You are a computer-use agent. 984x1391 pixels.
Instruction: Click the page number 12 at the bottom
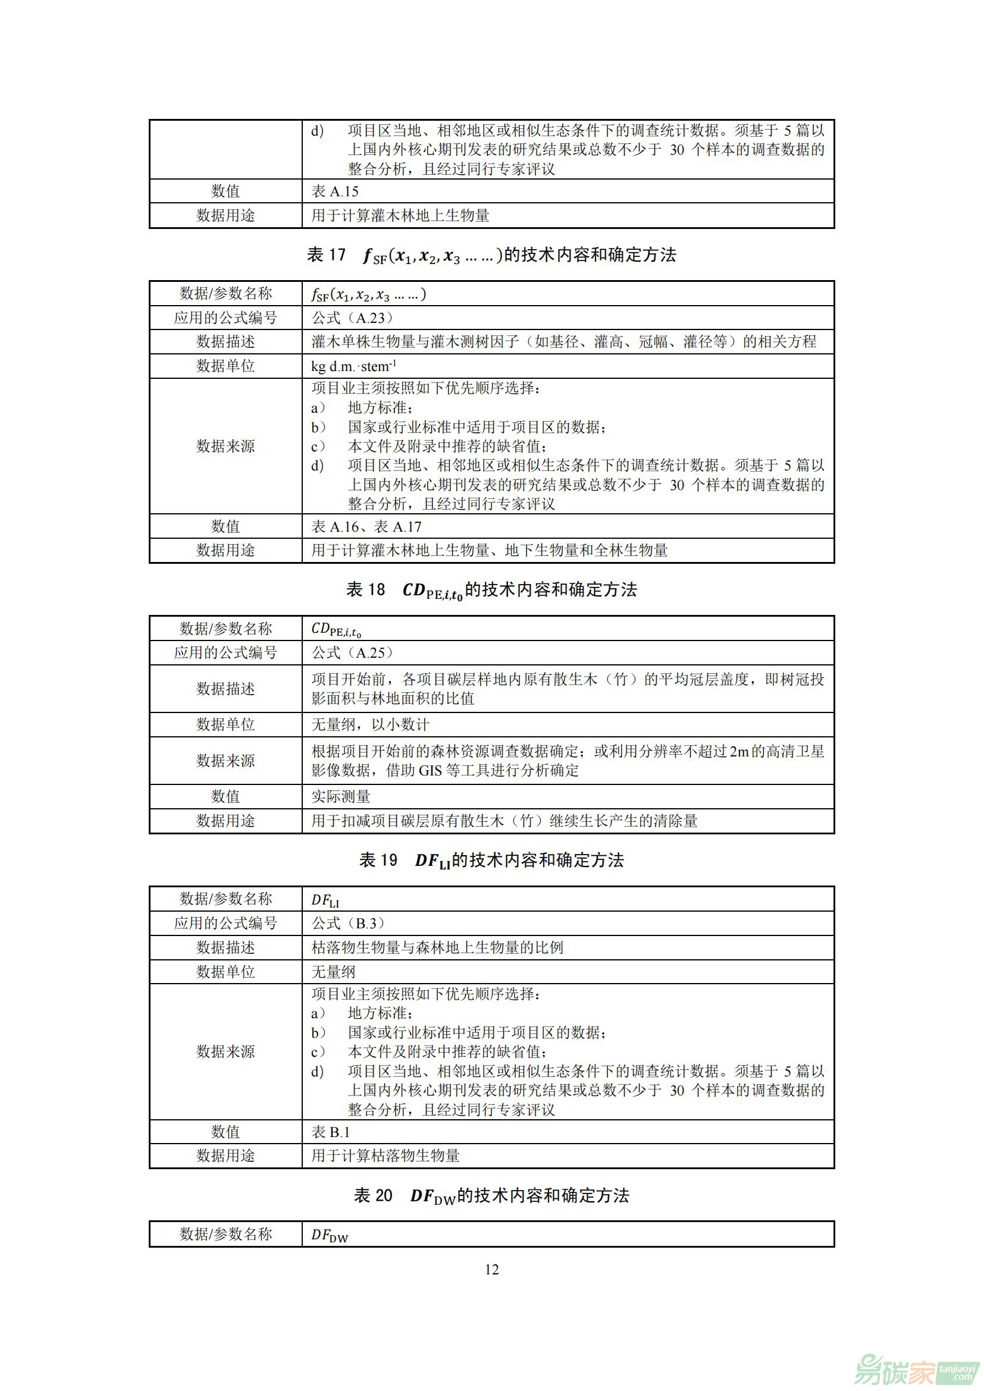point(491,1269)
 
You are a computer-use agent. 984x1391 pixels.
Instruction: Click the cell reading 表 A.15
point(335,191)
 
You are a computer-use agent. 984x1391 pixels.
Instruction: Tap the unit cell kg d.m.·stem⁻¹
point(354,366)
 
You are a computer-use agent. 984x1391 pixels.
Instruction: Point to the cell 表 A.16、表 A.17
point(366,526)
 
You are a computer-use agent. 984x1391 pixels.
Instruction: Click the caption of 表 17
point(491,255)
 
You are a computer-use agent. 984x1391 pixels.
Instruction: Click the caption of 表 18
point(491,590)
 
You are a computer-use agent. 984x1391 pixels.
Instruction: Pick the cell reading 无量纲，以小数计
point(370,724)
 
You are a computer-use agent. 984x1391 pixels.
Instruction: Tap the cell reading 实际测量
point(340,797)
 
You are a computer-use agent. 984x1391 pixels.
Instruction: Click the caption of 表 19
point(491,861)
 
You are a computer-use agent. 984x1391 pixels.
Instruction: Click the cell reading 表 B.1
point(331,1132)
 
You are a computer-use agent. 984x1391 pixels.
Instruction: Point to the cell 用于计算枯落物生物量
point(386,1156)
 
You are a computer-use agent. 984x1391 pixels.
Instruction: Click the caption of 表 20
point(491,1195)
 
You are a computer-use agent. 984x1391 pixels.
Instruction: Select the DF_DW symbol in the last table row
point(330,1235)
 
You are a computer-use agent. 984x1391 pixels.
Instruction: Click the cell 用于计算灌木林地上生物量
point(400,216)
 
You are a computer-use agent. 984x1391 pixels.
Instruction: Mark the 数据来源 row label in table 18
point(225,761)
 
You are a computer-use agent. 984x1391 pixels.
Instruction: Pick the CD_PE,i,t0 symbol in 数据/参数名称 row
point(336,629)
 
